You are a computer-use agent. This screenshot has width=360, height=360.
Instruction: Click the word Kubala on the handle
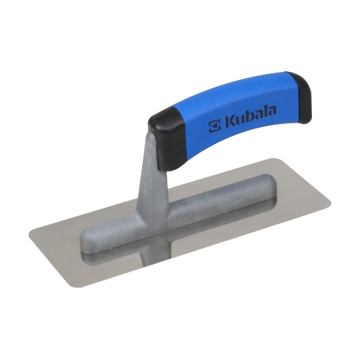click(251, 116)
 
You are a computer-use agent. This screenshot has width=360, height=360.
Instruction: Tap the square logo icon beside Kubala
click(215, 126)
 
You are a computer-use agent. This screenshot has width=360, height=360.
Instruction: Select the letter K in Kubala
click(231, 121)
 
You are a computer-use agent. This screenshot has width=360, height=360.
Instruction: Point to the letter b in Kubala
click(250, 116)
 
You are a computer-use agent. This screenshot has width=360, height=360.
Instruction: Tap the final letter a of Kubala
click(272, 111)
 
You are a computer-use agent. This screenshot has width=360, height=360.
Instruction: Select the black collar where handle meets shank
click(167, 139)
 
